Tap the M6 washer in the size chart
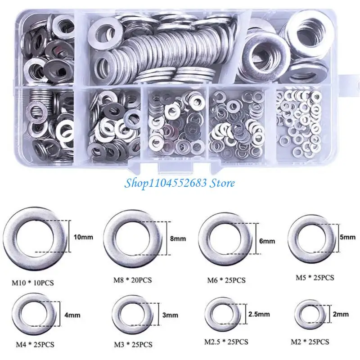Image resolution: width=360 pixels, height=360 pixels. pyautogui.click(x=225, y=241)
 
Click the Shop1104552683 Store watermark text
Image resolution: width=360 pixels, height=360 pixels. pyautogui.click(x=180, y=183)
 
